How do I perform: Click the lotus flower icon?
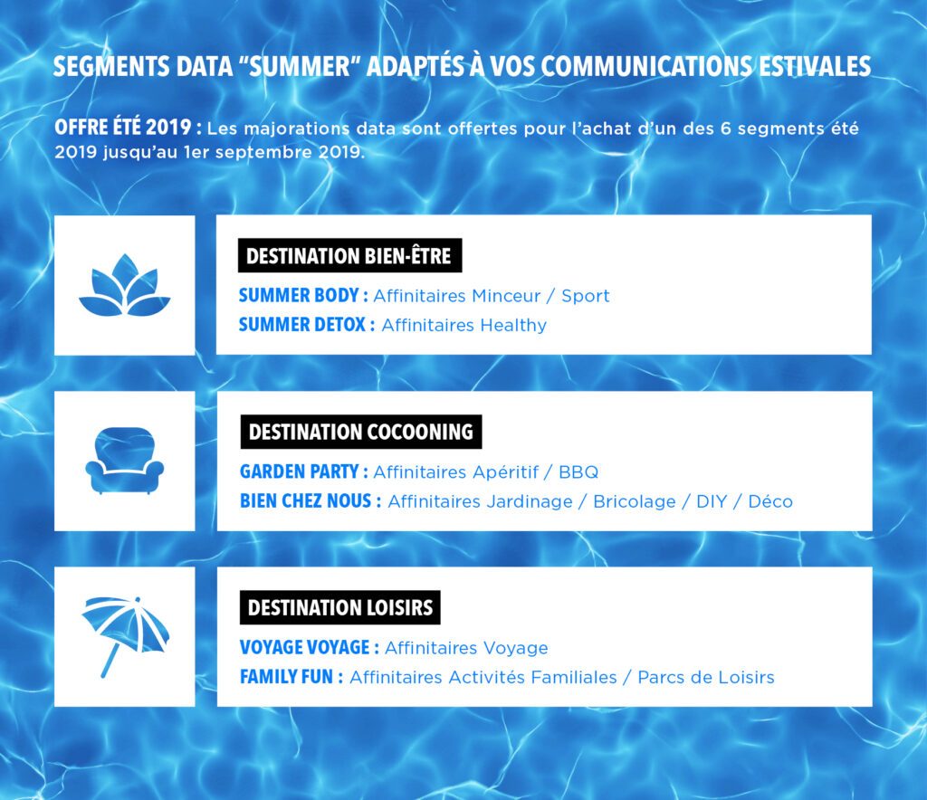125,286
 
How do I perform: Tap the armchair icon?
125,461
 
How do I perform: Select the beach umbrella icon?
125,635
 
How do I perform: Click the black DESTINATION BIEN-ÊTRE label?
349,256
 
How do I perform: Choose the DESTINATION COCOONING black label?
360,432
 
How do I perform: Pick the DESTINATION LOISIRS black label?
340,607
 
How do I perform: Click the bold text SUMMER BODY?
299,295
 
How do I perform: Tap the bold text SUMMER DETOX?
302,324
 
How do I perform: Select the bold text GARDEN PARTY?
299,471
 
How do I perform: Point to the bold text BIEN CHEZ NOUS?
306,501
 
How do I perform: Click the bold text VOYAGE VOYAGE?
305,648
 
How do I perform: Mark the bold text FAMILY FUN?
287,677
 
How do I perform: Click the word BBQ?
578,472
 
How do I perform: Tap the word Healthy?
513,326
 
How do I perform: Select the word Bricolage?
635,501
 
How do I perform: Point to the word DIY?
712,501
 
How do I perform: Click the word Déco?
770,501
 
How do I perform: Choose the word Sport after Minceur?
586,296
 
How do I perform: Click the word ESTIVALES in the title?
815,66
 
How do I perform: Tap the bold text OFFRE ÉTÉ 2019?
123,128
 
